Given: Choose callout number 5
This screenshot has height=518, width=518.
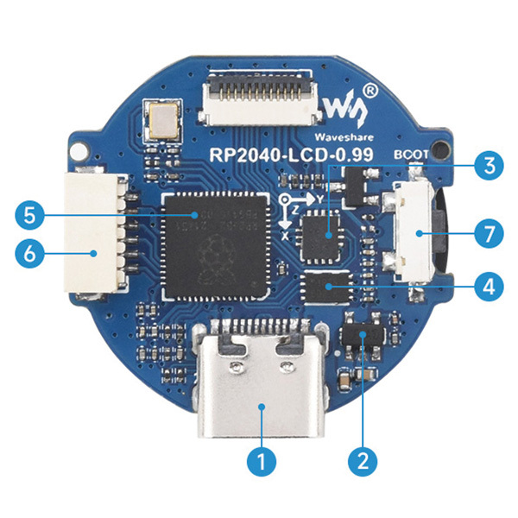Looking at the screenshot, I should [29, 213].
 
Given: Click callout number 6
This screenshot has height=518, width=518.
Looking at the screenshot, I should [29, 252].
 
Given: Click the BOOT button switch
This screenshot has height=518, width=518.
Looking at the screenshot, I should [415, 232].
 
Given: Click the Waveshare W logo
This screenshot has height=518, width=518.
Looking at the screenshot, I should [345, 105].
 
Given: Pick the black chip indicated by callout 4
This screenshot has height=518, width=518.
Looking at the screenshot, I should [329, 289].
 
